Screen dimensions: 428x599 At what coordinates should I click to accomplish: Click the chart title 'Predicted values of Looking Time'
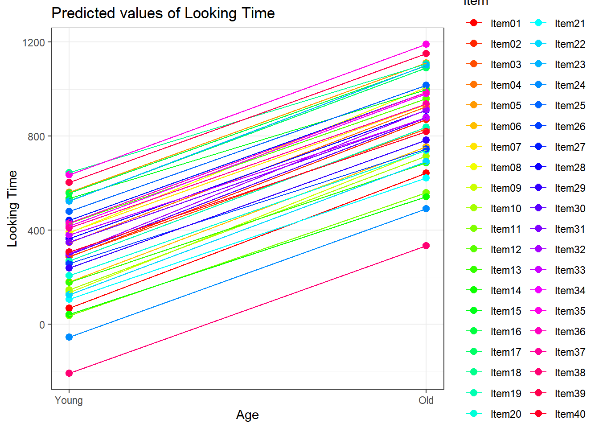pyautogui.click(x=163, y=13)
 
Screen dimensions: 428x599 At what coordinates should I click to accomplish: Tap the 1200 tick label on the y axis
pyautogui.click(x=34, y=42)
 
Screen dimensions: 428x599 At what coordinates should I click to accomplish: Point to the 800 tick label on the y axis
pyautogui.click(x=37, y=136)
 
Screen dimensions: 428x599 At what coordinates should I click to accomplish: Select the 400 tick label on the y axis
pyautogui.click(x=37, y=230)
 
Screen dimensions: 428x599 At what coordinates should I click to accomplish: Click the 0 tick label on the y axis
pyautogui.click(x=42, y=325)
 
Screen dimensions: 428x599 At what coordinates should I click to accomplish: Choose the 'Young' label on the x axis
pyautogui.click(x=69, y=400)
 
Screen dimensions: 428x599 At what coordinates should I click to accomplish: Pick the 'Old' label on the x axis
pyautogui.click(x=426, y=400)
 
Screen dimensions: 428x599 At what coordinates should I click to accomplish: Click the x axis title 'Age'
pyautogui.click(x=247, y=415)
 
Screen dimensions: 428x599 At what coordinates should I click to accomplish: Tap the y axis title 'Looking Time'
pyautogui.click(x=12, y=208)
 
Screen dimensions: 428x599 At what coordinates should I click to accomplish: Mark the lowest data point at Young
pyautogui.click(x=69, y=373)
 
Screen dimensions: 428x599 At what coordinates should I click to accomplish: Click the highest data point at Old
pyautogui.click(x=426, y=44)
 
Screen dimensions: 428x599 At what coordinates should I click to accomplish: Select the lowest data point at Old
pyautogui.click(x=426, y=246)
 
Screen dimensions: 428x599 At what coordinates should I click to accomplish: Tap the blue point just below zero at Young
pyautogui.click(x=69, y=337)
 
